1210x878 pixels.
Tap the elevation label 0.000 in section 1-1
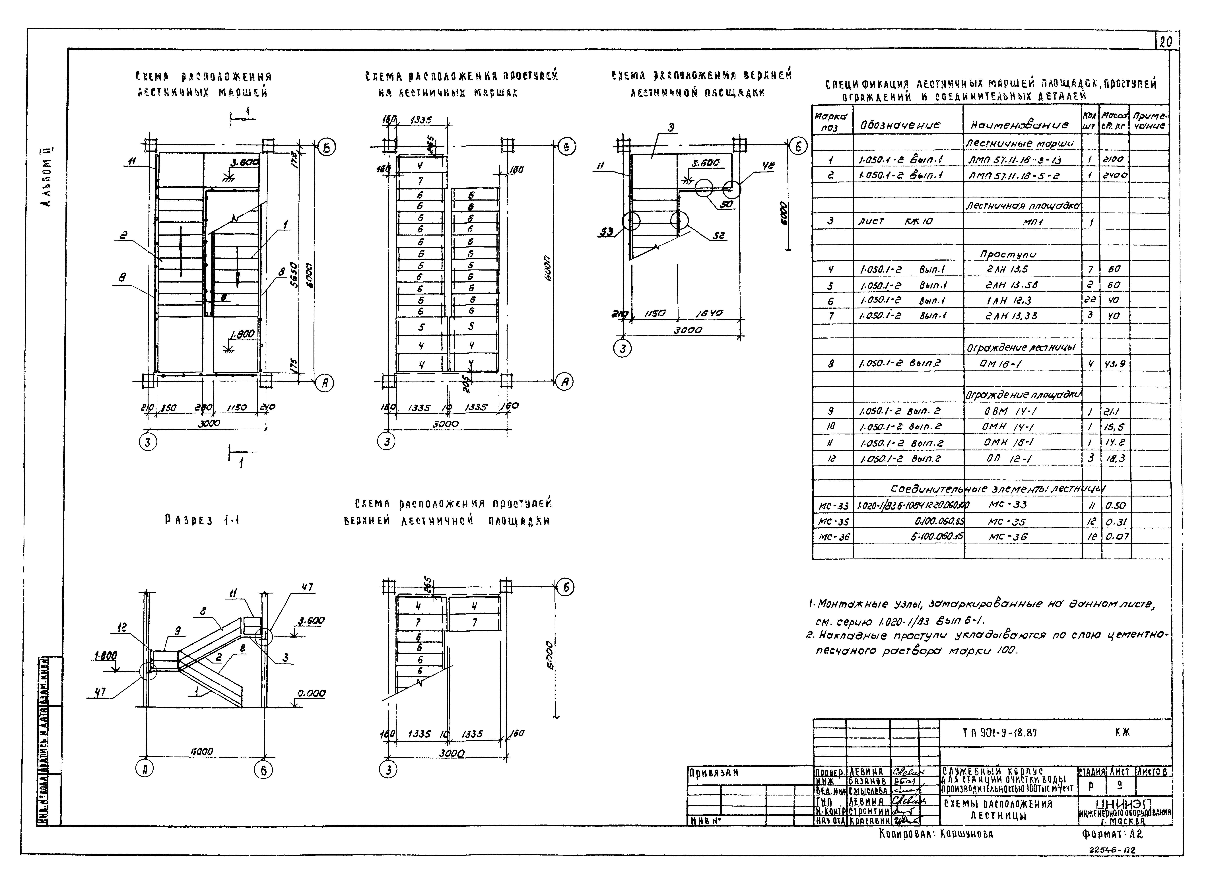pos(311,693)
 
